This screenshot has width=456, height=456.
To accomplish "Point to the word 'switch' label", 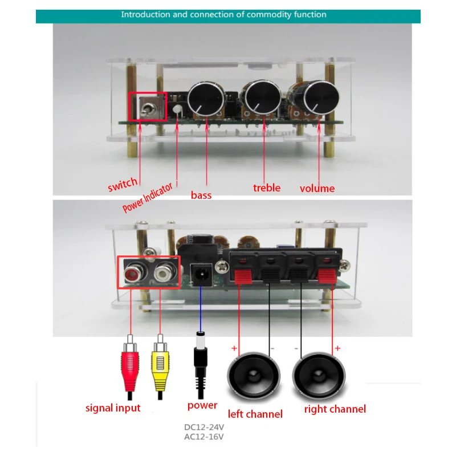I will [x=122, y=183].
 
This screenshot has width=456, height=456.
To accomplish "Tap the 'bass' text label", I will [x=201, y=195].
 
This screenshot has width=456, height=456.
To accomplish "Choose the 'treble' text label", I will [x=267, y=188].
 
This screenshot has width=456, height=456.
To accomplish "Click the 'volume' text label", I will [x=317, y=188].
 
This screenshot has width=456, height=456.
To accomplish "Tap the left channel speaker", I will [x=254, y=376].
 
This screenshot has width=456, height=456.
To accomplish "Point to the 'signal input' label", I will [x=113, y=408].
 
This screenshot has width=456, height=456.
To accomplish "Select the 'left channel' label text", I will [x=255, y=414].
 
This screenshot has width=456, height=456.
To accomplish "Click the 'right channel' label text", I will [x=335, y=409].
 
